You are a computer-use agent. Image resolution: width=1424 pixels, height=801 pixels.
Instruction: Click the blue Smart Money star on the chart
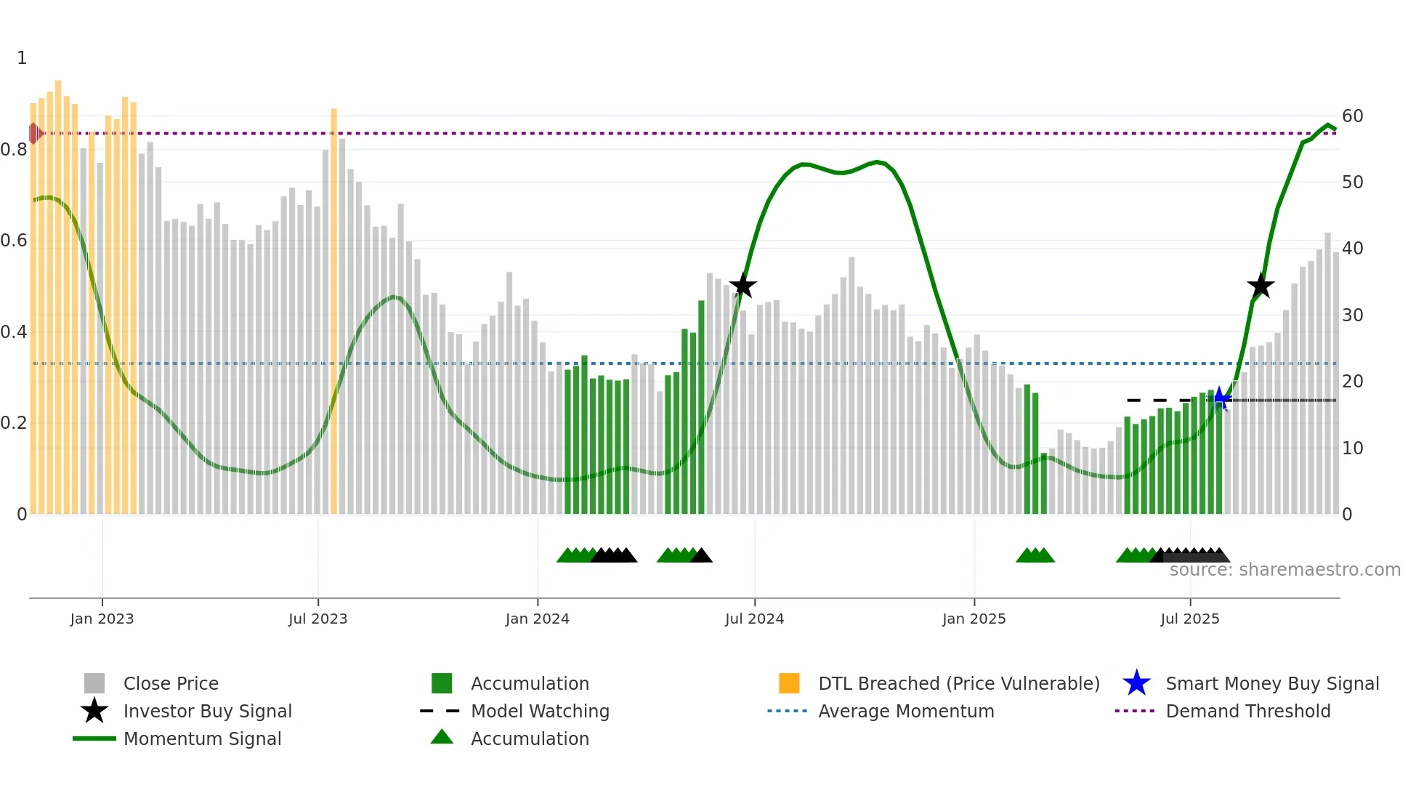[1221, 399]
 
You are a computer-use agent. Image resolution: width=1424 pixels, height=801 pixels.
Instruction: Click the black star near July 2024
[743, 286]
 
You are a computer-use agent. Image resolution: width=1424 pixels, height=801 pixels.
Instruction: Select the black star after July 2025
[1261, 286]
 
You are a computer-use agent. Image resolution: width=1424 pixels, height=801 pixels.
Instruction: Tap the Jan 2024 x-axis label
[537, 619]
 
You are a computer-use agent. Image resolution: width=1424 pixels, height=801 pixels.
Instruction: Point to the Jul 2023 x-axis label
[317, 619]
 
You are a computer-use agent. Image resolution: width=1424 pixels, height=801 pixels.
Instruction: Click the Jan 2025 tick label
[974, 619]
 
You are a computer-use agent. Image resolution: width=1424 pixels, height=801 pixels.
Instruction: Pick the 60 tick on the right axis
[1352, 116]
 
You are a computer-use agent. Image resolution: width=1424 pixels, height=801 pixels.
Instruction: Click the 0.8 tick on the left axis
[15, 150]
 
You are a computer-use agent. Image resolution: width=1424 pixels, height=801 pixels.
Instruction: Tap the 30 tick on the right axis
[1352, 315]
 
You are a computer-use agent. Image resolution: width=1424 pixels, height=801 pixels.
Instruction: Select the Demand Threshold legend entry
[1247, 711]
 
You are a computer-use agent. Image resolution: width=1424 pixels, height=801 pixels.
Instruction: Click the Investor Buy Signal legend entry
[207, 711]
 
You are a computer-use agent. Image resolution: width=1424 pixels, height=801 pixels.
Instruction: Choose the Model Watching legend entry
[540, 711]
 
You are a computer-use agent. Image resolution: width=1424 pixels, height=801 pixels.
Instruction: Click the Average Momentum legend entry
[906, 711]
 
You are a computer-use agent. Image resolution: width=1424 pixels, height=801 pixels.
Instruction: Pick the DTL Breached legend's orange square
[789, 683]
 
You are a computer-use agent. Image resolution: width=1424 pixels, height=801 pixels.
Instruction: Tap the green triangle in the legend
[442, 737]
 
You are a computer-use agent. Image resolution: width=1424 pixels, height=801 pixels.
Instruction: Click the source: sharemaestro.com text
[1285, 570]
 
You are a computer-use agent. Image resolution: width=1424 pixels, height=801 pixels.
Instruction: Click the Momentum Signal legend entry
[202, 738]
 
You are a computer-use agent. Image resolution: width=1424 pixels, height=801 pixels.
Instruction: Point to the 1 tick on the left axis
[22, 58]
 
